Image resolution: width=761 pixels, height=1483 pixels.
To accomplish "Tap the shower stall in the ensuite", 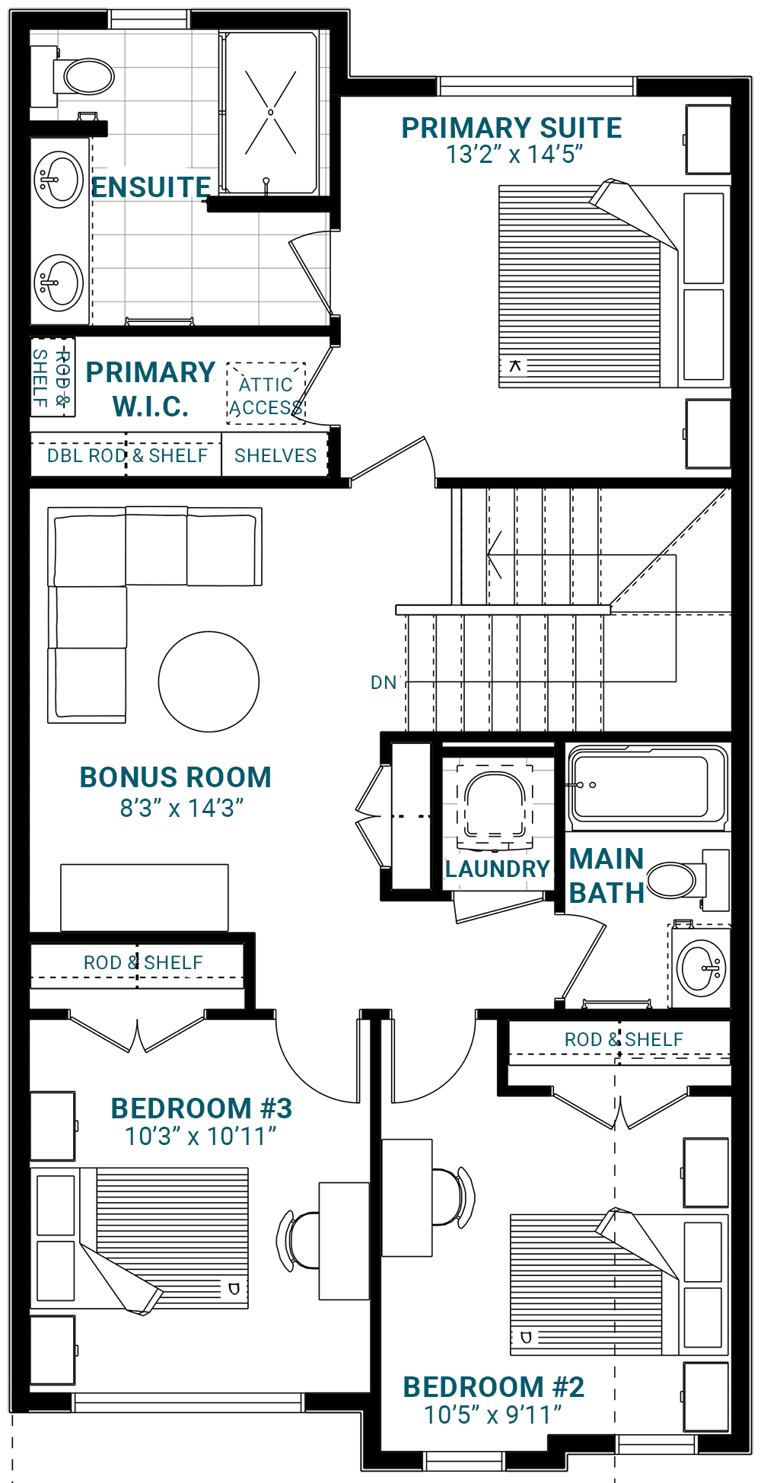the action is [x=270, y=113].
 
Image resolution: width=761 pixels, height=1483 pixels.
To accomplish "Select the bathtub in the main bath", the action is [x=648, y=787].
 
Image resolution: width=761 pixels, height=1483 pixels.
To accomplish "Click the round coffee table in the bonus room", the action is [x=209, y=681].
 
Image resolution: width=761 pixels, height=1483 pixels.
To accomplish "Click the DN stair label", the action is [x=384, y=683].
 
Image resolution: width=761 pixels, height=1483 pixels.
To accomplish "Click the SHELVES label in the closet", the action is [x=275, y=455].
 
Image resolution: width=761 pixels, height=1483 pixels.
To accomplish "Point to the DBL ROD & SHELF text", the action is [x=127, y=455].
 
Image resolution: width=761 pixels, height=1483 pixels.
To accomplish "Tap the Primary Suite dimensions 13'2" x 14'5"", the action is [x=514, y=155].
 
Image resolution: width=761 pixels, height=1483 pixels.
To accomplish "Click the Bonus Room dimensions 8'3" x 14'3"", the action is [x=182, y=808].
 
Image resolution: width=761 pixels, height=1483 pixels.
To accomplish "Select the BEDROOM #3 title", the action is [x=202, y=1108].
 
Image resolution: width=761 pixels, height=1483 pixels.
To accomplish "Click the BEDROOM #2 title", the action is [x=494, y=1387].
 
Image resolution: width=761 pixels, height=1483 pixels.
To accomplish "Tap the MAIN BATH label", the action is [x=607, y=875].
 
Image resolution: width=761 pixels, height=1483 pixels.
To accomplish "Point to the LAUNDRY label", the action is [x=497, y=869].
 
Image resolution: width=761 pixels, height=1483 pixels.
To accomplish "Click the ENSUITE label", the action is [x=151, y=187].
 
